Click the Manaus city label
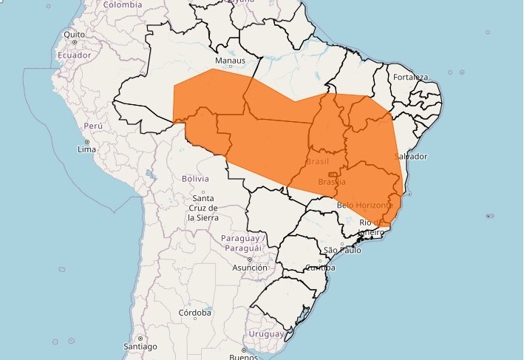coord(229,61)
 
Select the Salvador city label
coord(411,157)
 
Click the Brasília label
coord(332,182)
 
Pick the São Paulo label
coord(341,251)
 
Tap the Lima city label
coord(86,149)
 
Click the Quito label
coord(75,34)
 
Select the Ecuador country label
coord(75,55)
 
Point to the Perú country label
coord(92,126)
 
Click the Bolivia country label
coord(195,179)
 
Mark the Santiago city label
coord(140,346)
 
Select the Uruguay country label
coord(265,334)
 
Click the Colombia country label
coord(122,4)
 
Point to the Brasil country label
coord(317,161)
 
